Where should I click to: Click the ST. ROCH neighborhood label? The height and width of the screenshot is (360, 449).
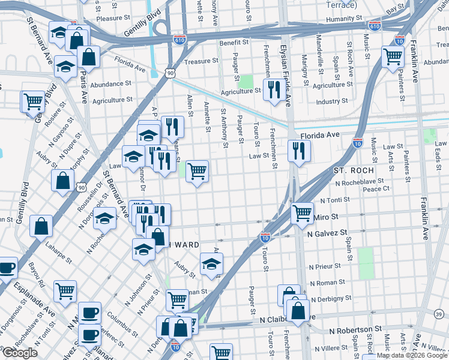point(354,171)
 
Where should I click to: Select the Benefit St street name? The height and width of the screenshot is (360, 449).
point(234,43)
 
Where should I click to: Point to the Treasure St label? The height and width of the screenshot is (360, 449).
point(201,61)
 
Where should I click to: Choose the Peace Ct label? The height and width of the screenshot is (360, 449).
point(376,188)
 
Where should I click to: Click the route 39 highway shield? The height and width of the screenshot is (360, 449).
point(439,314)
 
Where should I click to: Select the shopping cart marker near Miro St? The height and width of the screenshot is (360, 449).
point(302,213)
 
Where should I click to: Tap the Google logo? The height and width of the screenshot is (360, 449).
point(20,353)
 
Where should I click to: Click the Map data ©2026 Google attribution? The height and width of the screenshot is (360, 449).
point(412,356)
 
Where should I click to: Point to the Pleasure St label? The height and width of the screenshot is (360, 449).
point(109,19)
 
